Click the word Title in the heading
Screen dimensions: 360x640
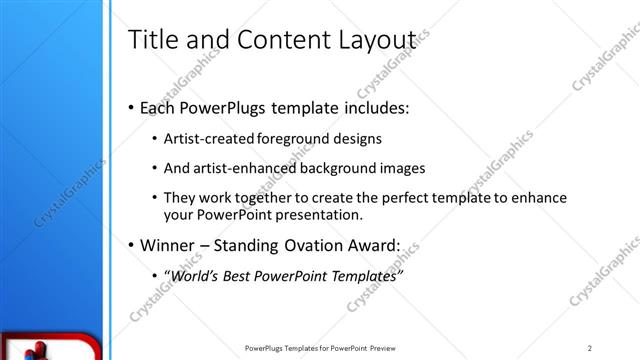pos(153,39)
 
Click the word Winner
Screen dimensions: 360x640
pos(167,245)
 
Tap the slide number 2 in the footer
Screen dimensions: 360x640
pos(591,347)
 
